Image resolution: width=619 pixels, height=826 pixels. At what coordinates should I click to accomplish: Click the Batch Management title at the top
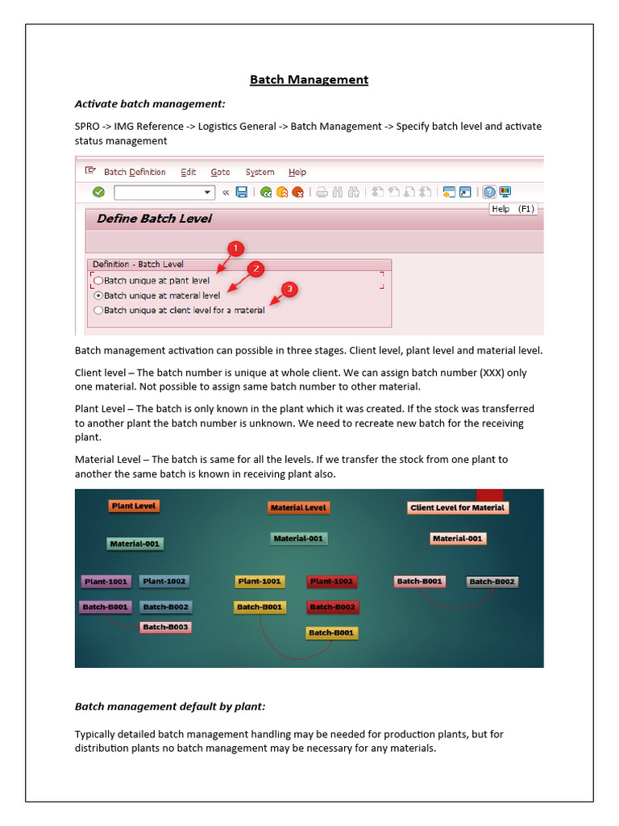[309, 79]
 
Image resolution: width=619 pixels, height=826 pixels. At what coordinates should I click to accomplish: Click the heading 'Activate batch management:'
[150, 104]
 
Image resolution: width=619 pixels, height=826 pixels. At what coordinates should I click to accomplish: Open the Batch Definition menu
[135, 172]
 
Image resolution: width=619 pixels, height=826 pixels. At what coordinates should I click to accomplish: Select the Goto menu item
[220, 172]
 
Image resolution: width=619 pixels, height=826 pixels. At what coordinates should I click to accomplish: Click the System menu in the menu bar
[260, 172]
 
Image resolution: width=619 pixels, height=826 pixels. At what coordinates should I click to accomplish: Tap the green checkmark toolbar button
[98, 192]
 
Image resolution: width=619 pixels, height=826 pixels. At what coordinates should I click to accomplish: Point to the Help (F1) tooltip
[513, 209]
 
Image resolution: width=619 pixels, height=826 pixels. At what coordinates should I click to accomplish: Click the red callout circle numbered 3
[289, 289]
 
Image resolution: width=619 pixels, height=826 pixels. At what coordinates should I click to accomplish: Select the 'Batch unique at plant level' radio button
[98, 281]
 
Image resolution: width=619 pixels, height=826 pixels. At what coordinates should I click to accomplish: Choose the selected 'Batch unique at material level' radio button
[98, 295]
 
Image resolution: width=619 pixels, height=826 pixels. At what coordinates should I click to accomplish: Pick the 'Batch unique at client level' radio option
[98, 310]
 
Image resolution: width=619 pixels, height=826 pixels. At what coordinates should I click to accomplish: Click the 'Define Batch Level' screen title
[154, 219]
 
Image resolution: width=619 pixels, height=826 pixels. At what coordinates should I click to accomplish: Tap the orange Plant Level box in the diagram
[134, 506]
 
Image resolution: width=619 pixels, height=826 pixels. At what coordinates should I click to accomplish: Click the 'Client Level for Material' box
[457, 507]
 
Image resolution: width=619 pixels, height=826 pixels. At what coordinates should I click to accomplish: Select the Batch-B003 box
[165, 627]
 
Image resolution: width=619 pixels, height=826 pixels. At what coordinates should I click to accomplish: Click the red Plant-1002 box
[331, 581]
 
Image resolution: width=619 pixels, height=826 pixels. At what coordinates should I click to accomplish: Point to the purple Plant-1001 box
[106, 581]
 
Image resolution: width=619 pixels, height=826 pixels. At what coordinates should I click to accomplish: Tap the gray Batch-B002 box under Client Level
[492, 581]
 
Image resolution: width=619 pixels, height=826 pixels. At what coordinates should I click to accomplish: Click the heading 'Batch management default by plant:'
[170, 707]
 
